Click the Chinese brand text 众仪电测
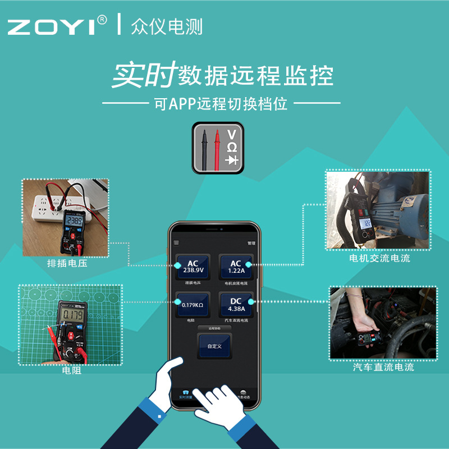pyautogui.click(x=166, y=26)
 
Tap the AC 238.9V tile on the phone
pyautogui.click(x=193, y=267)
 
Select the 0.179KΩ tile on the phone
pyautogui.click(x=193, y=305)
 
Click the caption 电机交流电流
pyautogui.click(x=379, y=258)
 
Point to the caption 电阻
pyautogui.click(x=71, y=371)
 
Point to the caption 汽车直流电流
pyautogui.click(x=383, y=368)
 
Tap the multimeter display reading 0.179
pyautogui.click(x=73, y=314)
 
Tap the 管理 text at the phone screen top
pyautogui.click(x=251, y=244)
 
